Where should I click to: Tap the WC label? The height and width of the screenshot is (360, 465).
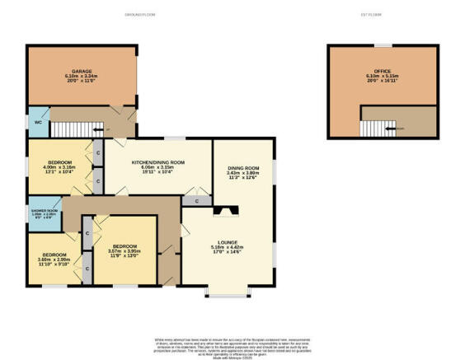(37, 122)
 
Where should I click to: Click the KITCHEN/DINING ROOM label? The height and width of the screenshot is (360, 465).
(158, 161)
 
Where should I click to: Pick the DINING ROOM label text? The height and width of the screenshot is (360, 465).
(244, 168)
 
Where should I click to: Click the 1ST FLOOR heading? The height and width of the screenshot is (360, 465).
(379, 16)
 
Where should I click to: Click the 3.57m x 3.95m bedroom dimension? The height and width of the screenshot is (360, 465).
(124, 250)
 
